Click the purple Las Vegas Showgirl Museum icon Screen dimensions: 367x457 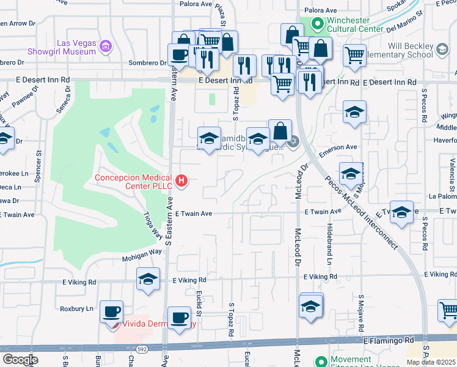(106, 46)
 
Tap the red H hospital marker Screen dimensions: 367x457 (181, 180)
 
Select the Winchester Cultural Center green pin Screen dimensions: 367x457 (317, 24)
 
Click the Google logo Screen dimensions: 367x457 (20, 359)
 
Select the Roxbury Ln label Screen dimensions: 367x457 (76, 309)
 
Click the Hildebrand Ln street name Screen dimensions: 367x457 (328, 247)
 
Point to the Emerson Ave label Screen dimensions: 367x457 (337, 147)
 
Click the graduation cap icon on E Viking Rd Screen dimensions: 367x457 (148, 279)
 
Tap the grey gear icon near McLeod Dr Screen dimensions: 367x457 (293, 142)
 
